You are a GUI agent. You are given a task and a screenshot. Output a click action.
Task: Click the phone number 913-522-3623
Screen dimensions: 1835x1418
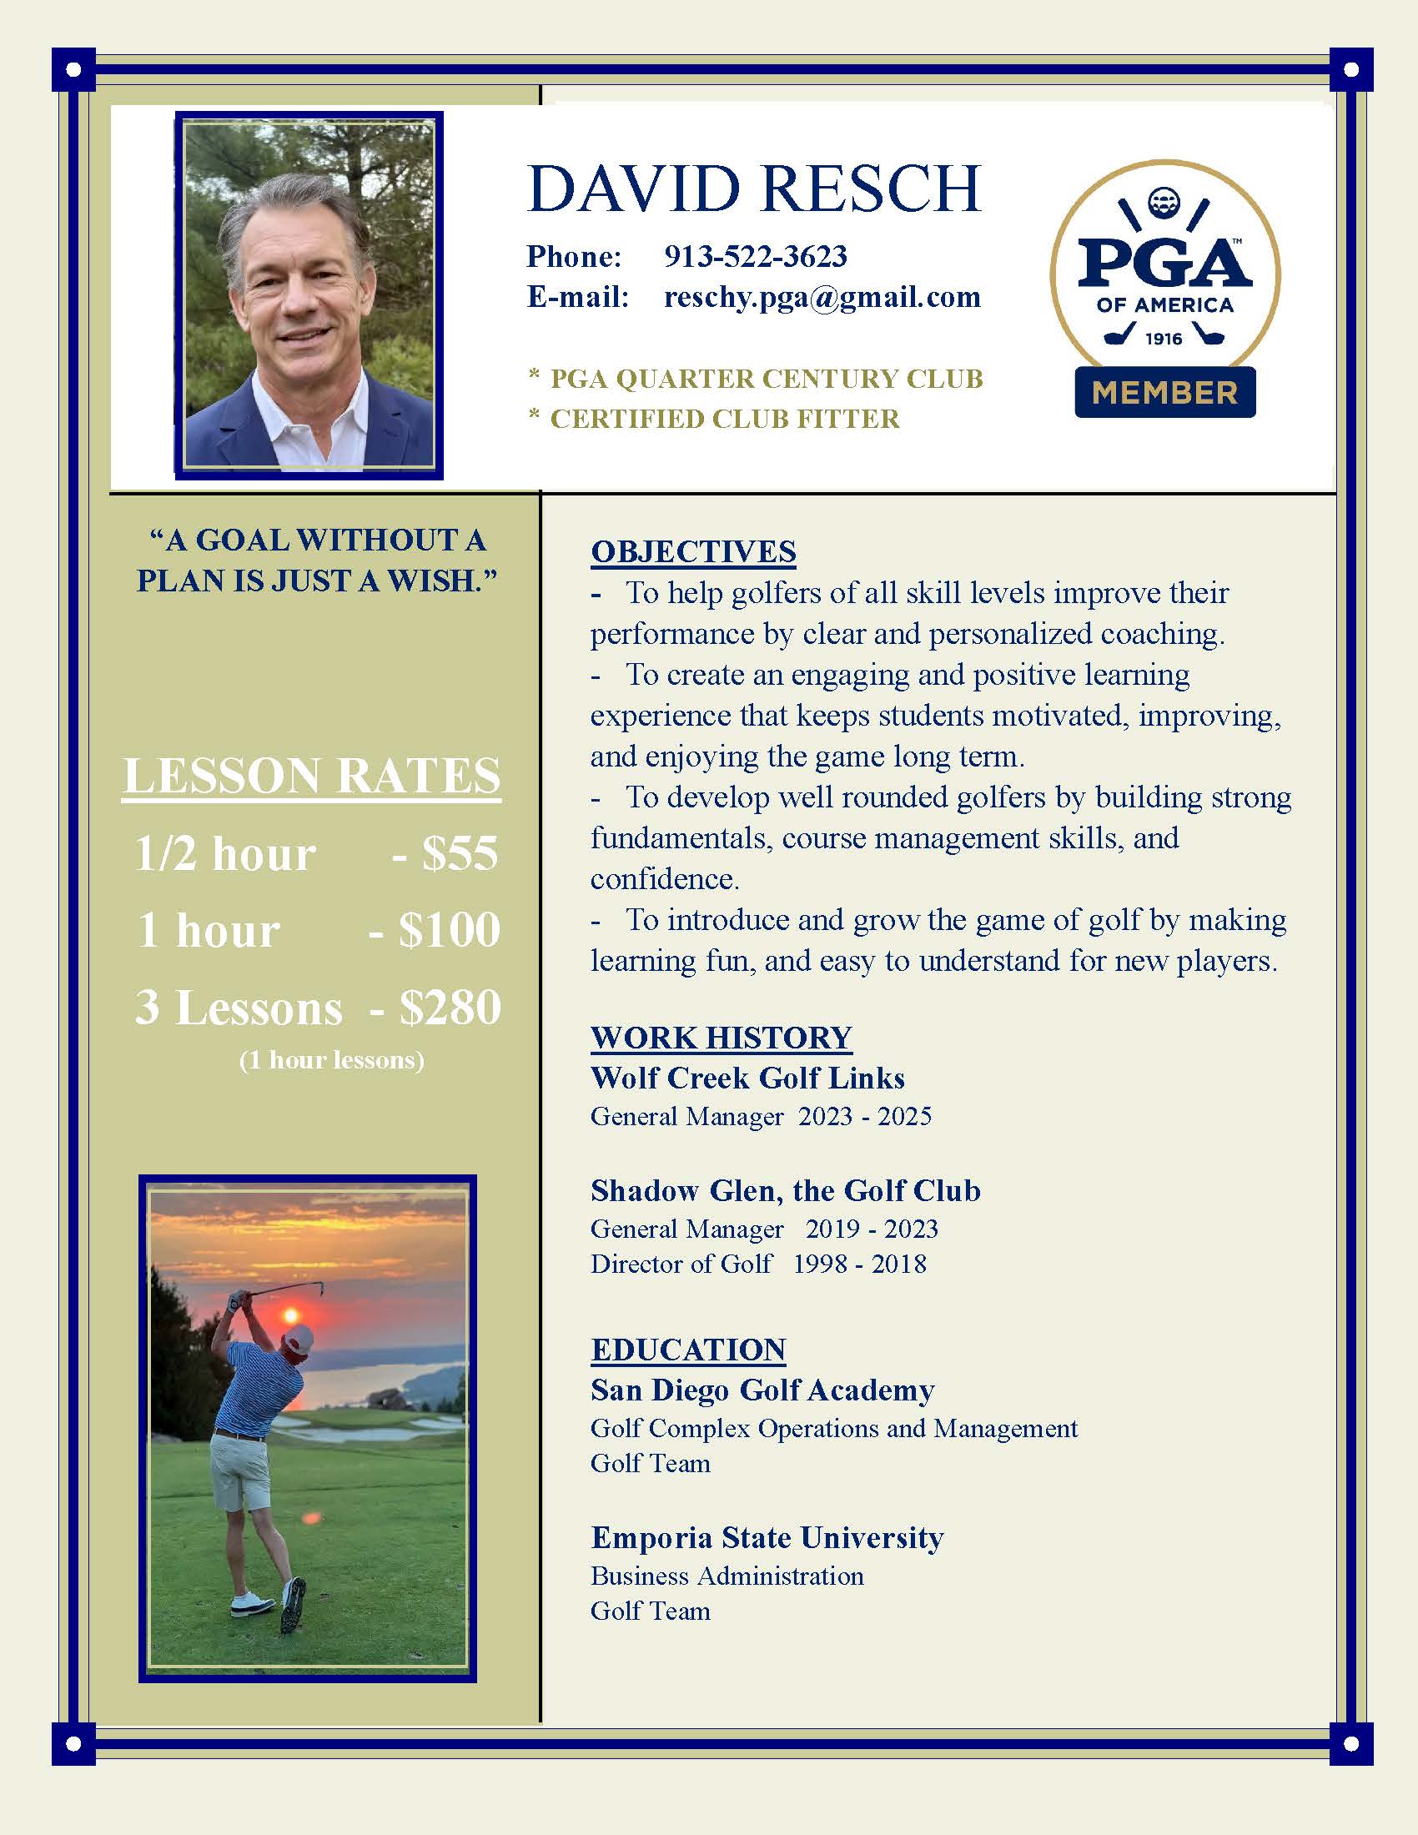(755, 256)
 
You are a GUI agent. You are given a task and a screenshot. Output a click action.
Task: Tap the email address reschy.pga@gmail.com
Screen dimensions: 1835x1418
(822, 297)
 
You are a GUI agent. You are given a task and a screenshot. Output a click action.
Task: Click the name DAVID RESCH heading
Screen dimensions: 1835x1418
(753, 189)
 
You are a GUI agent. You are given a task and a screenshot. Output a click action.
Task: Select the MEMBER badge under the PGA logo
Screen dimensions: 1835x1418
(1164, 392)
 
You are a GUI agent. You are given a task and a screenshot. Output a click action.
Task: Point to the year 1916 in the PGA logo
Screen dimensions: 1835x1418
(1164, 339)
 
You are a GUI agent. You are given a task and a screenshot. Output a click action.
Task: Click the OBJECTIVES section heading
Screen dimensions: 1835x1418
(693, 551)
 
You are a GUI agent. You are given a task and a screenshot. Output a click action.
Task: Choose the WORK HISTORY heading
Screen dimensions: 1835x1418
(721, 1038)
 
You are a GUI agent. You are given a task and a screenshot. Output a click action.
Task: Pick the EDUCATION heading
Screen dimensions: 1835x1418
(688, 1350)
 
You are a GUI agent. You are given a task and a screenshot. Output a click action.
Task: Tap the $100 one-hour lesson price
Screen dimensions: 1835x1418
(449, 930)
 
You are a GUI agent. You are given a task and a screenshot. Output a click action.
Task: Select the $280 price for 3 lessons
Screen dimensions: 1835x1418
(450, 1008)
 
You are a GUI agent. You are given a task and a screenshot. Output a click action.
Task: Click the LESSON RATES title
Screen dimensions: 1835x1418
(312, 775)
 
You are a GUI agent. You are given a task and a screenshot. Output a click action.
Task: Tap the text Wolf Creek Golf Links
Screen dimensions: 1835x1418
(747, 1078)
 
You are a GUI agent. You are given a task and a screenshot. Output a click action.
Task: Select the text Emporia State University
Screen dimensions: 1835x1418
(767, 1537)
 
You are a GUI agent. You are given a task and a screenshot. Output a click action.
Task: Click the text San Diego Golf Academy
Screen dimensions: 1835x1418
(762, 1390)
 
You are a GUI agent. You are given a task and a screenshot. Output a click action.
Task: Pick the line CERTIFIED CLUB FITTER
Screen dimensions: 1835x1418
(724, 419)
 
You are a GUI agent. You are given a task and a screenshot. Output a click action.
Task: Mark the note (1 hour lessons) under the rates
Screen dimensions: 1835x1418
(332, 1060)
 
